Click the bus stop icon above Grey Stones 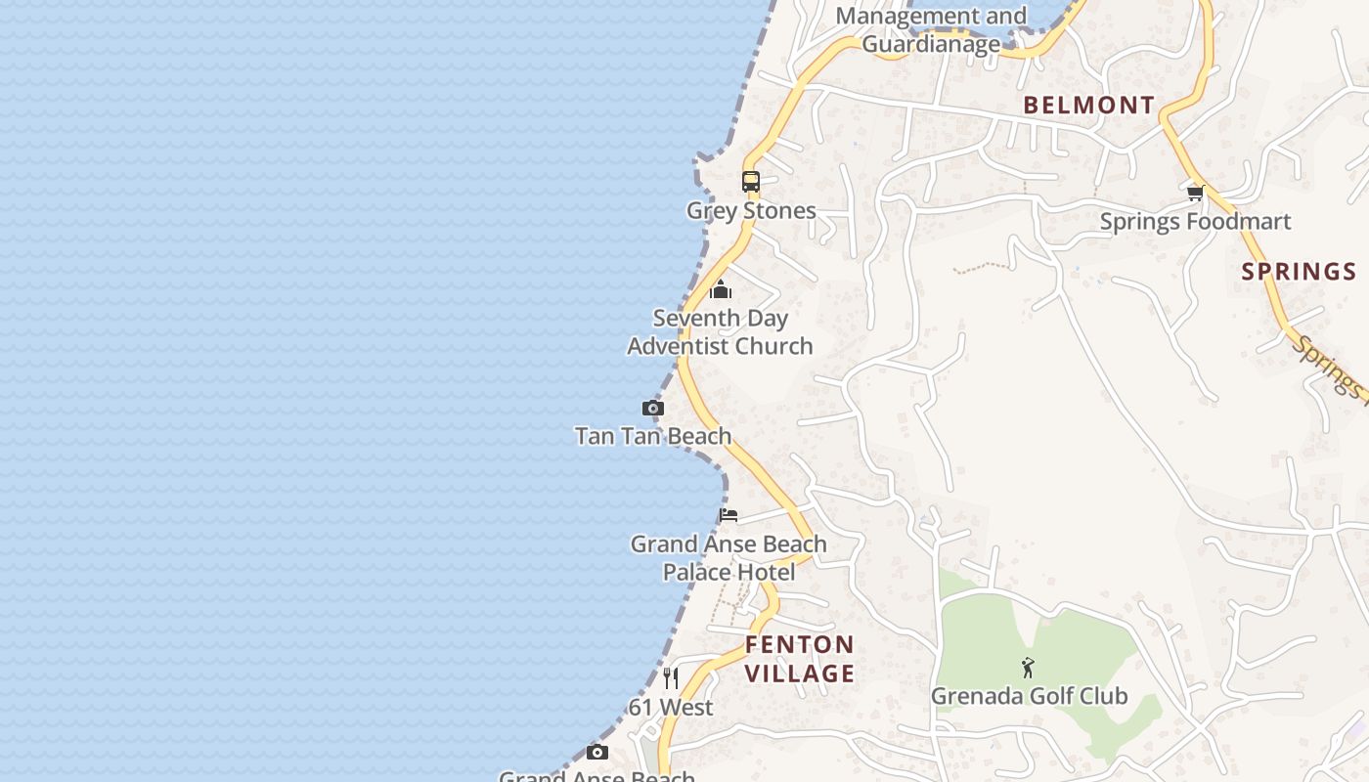tap(750, 182)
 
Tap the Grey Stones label tap(751, 210)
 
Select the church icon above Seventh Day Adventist tap(721, 289)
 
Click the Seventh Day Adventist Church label tap(720, 331)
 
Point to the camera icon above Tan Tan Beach tap(653, 408)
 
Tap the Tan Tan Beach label tap(653, 436)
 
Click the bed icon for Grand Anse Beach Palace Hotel tap(729, 515)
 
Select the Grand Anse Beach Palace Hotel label tap(729, 557)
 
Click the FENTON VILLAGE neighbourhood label tap(800, 659)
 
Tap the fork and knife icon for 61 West tap(671, 677)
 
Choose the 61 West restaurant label tap(672, 707)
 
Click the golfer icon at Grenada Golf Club tap(1028, 669)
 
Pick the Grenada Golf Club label tap(1029, 696)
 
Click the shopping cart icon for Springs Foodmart tap(1195, 193)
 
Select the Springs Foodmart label tap(1195, 222)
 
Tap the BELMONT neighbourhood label tap(1088, 106)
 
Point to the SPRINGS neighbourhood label tap(1299, 272)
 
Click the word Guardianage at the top tap(930, 44)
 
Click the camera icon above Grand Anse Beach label tap(597, 752)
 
